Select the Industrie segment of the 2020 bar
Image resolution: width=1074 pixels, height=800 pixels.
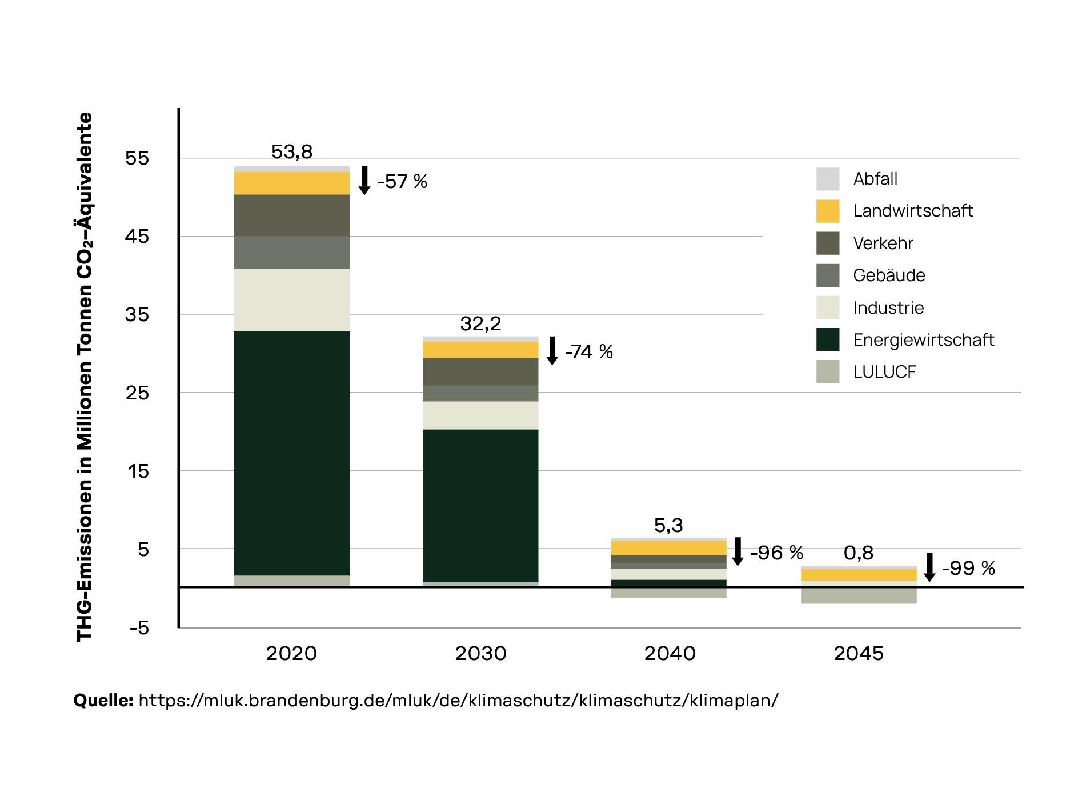[x=291, y=299]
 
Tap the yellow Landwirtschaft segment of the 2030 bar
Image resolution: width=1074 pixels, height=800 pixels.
[x=480, y=350]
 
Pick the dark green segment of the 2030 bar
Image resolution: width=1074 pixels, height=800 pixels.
[x=480, y=505]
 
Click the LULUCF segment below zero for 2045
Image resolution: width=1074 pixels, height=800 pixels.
[x=858, y=595]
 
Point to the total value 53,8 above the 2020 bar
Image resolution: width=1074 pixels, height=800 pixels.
[x=291, y=152]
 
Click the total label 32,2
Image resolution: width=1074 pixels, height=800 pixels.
[x=480, y=324]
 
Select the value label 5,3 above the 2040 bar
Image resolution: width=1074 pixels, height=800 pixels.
[x=668, y=526]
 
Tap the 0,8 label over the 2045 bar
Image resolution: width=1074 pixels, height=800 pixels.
[x=858, y=553]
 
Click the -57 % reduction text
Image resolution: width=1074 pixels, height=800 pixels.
[x=402, y=182]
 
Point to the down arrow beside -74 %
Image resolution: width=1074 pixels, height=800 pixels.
[x=552, y=350]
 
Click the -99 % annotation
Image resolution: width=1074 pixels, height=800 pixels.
[x=968, y=569]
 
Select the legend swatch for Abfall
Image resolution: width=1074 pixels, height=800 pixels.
[x=827, y=179]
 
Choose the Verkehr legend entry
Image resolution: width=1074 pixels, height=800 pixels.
[x=883, y=243]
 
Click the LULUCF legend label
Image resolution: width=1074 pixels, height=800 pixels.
[x=884, y=372]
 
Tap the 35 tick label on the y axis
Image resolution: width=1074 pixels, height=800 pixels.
[x=137, y=315]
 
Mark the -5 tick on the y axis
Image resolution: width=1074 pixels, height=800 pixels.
[x=139, y=628]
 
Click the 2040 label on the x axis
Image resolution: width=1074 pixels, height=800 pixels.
[x=670, y=653]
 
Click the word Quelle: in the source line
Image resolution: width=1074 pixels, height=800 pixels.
[x=103, y=701]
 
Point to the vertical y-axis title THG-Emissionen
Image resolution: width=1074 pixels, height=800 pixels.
[x=85, y=377]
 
